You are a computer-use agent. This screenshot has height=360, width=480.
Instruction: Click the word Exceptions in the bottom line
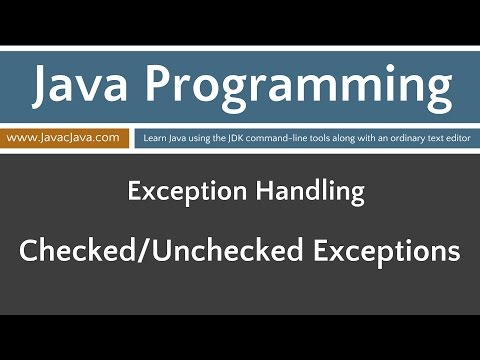(386, 251)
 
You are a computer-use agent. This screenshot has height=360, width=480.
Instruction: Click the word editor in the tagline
(455, 138)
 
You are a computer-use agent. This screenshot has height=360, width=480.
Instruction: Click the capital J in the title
(44, 87)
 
